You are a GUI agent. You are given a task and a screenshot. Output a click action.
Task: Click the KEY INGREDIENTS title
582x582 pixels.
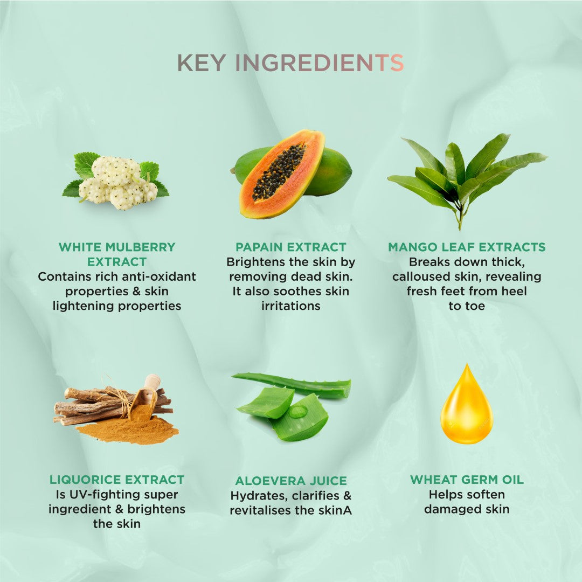click(x=290, y=63)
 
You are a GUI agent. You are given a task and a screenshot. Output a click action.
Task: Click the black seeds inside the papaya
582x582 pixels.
click(x=279, y=172)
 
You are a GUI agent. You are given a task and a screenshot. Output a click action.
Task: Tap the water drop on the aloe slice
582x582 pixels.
click(x=298, y=411)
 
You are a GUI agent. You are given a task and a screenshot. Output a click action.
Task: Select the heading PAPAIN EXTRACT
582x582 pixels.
click(x=290, y=247)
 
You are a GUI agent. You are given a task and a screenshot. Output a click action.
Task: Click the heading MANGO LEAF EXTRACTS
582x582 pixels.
click(x=467, y=247)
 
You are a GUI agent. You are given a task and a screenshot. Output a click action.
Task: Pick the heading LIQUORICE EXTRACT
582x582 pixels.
click(x=117, y=480)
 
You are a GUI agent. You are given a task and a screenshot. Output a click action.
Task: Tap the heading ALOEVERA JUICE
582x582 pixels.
click(x=291, y=481)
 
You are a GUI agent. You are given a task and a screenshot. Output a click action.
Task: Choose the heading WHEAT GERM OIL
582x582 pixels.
click(x=467, y=480)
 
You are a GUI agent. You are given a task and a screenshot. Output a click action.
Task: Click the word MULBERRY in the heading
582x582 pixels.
click(x=140, y=247)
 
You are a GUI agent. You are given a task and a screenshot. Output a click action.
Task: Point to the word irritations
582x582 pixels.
click(x=291, y=306)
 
